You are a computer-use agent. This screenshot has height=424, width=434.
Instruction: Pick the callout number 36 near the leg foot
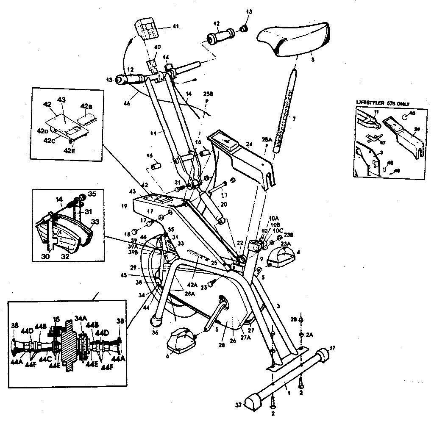(x=154, y=333)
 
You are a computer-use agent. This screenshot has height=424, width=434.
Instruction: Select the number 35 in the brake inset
(x=92, y=195)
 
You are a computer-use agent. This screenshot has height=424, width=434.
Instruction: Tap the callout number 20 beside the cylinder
(x=224, y=204)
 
